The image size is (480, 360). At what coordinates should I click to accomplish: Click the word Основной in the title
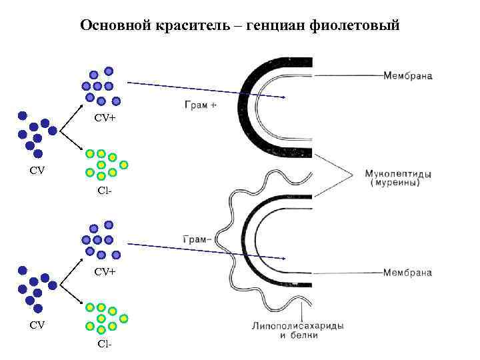pos(114,26)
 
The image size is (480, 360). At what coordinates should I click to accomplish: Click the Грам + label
pos(199,104)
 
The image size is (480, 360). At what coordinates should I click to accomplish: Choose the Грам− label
pos(196,239)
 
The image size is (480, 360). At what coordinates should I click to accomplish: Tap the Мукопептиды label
pos(398,175)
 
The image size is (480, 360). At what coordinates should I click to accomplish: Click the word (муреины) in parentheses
pos(399,185)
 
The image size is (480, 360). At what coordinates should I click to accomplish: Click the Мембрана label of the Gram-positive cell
pos(407,75)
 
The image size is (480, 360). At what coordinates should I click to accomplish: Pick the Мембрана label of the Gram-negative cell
pos(407,273)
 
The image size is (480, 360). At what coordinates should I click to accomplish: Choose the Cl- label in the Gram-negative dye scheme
pos(104,344)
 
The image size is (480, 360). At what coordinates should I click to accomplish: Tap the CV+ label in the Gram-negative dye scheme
pos(105,271)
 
